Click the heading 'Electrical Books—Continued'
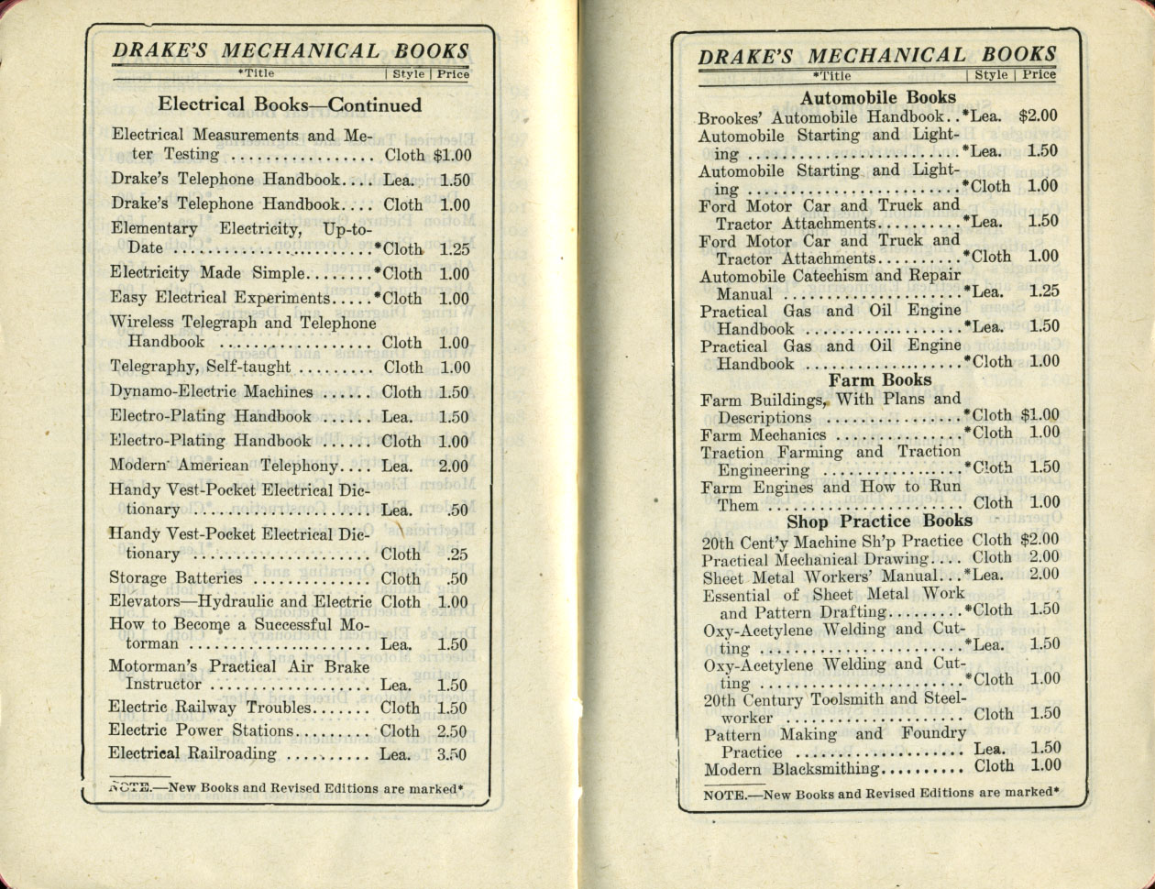[x=290, y=104]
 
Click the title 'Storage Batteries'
[x=176, y=578]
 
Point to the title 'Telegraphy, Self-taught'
[x=201, y=367]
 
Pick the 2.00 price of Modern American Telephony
[x=453, y=466]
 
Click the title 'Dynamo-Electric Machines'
[x=212, y=391]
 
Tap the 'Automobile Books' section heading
[x=878, y=97]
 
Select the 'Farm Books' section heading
[x=880, y=379]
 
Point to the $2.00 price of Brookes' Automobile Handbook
[x=1039, y=115]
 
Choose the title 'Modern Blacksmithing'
[x=791, y=769]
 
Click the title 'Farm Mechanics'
[x=764, y=435]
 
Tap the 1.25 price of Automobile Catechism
[x=1044, y=291]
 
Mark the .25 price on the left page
[x=456, y=554]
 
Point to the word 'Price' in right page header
[x=1039, y=74]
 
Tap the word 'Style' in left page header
[x=408, y=73]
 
